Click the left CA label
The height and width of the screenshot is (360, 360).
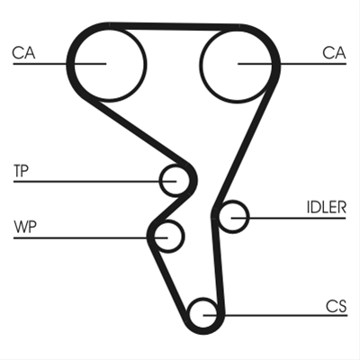click(x=23, y=53)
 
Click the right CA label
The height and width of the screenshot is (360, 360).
click(x=334, y=53)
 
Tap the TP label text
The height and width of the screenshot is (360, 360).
click(x=21, y=171)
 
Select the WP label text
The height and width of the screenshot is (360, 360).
click(x=25, y=227)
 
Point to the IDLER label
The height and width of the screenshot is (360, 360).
click(x=327, y=207)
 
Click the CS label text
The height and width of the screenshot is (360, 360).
click(x=337, y=306)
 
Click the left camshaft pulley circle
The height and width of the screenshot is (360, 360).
click(x=74, y=64)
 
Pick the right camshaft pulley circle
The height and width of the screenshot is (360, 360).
click(x=201, y=66)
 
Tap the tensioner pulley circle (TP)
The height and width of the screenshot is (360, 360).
click(x=161, y=181)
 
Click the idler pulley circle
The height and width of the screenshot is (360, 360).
click(x=247, y=217)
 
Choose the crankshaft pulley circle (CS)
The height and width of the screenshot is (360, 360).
click(x=189, y=314)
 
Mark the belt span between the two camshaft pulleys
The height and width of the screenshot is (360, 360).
click(x=174, y=27)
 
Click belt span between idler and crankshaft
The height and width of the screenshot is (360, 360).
click(x=218, y=264)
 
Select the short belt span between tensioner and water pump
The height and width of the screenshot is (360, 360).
click(x=170, y=209)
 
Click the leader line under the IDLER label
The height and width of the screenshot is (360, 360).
click(x=289, y=218)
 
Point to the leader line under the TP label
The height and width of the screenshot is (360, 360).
click(x=94, y=182)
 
